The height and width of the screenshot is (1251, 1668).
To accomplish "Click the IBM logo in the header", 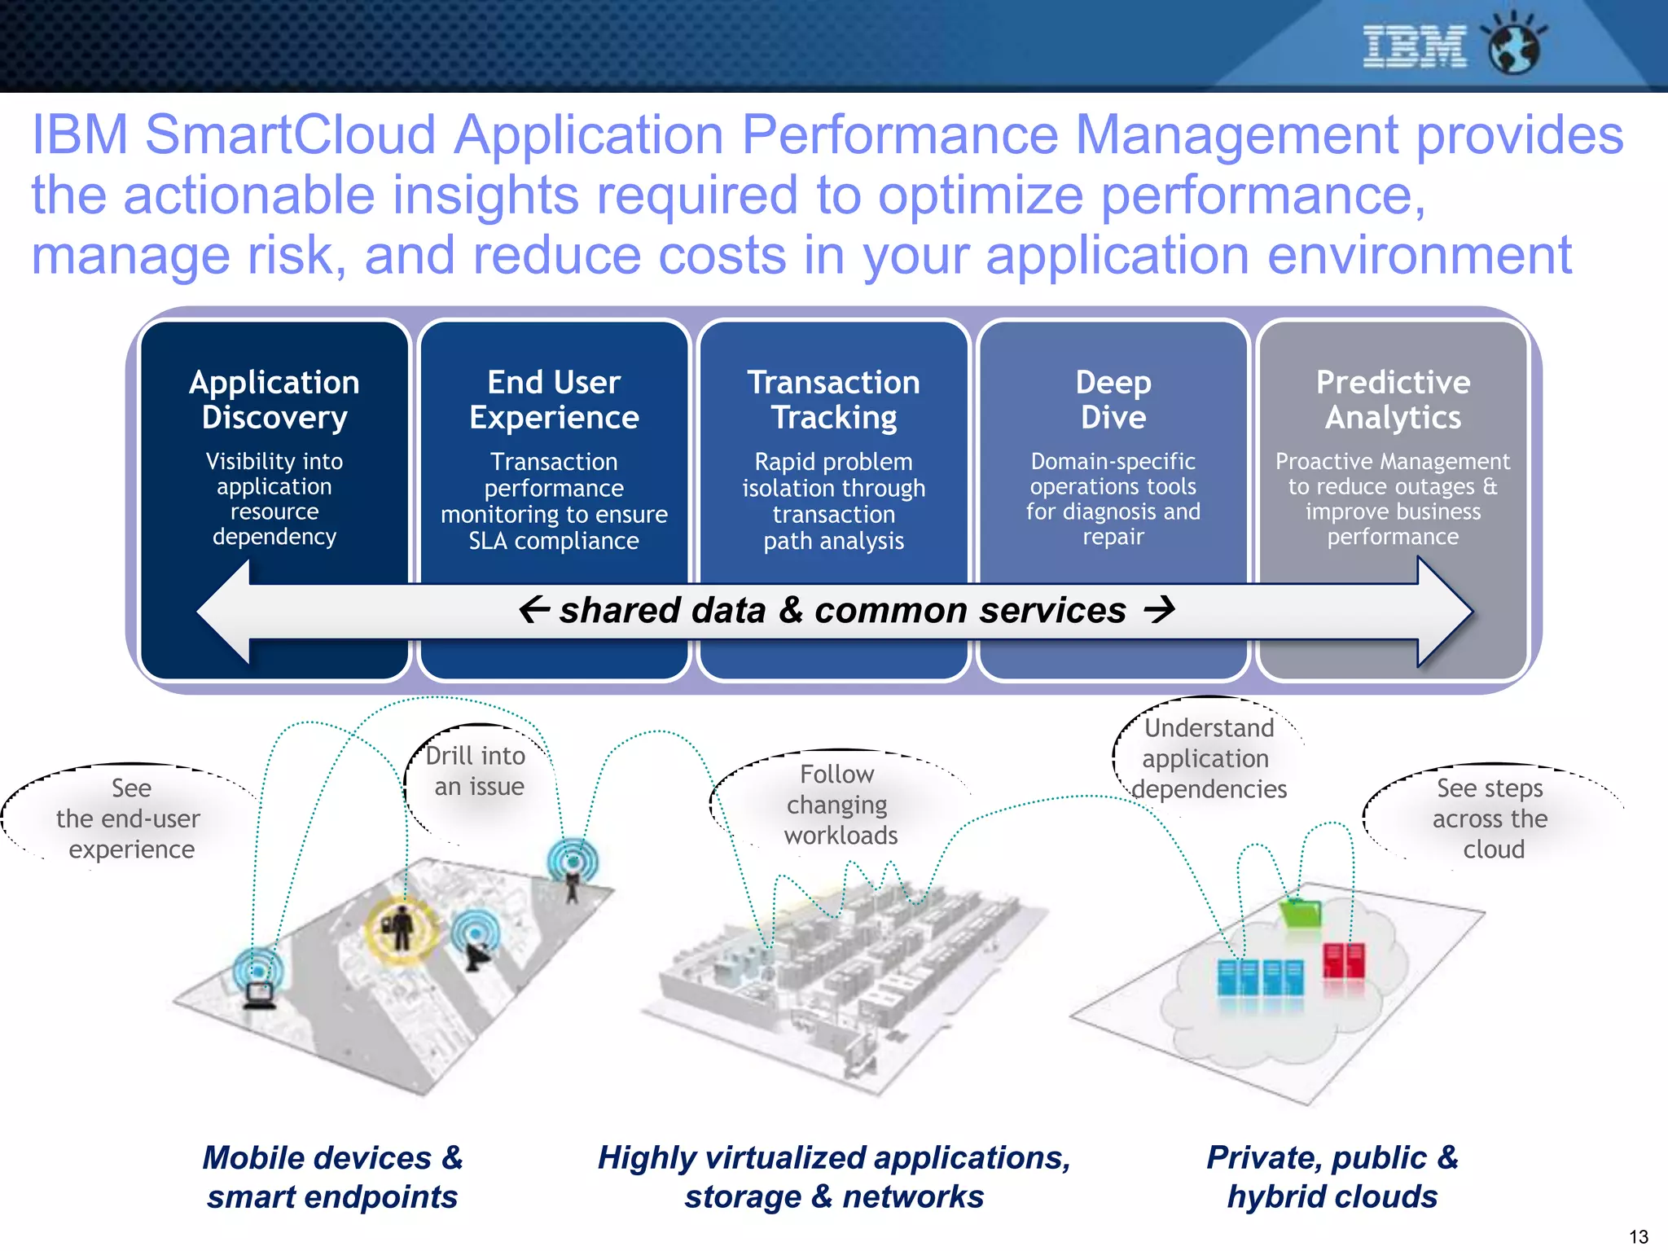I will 1414,46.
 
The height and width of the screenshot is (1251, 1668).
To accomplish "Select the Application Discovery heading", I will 274,399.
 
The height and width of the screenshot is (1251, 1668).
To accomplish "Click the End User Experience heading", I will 554,399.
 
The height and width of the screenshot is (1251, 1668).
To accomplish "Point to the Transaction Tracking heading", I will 834,399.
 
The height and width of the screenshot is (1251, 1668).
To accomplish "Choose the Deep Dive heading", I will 1113,399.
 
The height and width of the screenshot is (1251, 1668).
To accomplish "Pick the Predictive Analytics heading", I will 1393,399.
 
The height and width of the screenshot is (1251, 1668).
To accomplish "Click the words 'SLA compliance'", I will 554,541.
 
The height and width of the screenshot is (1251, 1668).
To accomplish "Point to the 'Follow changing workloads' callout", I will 839,805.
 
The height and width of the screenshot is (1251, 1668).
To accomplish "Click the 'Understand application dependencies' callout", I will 1209,758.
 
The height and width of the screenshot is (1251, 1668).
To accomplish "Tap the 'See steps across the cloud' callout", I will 1490,819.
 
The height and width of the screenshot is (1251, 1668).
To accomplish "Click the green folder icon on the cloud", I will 1301,912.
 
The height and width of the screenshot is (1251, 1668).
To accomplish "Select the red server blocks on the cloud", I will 1344,961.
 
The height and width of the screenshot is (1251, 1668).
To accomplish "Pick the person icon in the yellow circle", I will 401,928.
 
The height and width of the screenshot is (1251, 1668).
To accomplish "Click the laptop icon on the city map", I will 260,994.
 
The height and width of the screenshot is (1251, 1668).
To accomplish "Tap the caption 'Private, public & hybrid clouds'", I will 1332,1177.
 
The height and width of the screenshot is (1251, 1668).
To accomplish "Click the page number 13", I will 1639,1236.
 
